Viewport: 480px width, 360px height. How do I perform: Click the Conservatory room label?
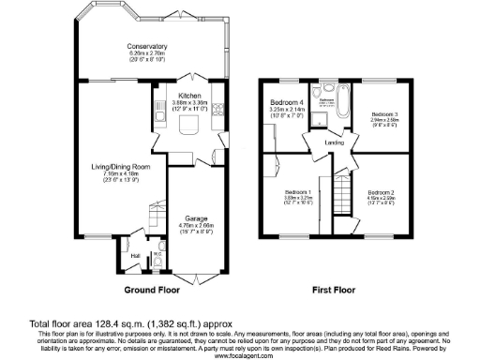pos(147,46)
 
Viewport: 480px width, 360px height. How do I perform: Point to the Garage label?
pos(196,218)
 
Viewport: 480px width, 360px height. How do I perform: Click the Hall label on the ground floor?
pos(134,254)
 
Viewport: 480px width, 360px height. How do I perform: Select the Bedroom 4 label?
pos(286,101)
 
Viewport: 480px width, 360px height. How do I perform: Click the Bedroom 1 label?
pos(298,191)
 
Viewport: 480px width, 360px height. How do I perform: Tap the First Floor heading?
pos(334,291)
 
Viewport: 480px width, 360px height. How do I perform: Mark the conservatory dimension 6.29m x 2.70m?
pos(147,53)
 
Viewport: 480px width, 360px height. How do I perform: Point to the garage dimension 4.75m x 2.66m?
pos(196,225)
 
